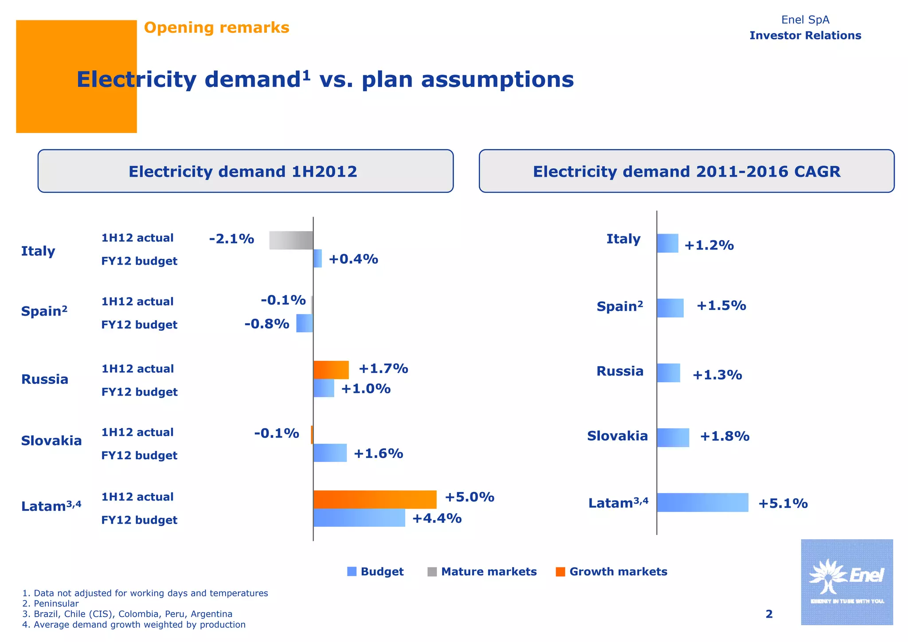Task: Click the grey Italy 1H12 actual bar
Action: [x=291, y=240]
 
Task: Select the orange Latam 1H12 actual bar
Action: [x=375, y=499]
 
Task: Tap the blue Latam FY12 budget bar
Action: [x=359, y=517]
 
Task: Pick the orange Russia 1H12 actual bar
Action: [x=331, y=370]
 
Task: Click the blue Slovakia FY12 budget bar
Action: [x=330, y=453]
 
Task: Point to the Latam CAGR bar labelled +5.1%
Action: [x=702, y=502]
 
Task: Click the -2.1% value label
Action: [x=231, y=239]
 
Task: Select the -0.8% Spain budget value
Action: [x=266, y=324]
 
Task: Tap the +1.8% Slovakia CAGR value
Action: [x=724, y=436]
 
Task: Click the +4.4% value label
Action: [x=437, y=518]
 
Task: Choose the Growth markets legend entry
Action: [x=611, y=572]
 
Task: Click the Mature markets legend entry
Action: [x=482, y=572]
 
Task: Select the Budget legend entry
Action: [x=376, y=572]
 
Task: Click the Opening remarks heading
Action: [x=216, y=27]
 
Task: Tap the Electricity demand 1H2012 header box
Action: [x=245, y=171]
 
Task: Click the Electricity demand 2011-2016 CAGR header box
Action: [x=686, y=171]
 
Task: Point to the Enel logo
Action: [x=846, y=582]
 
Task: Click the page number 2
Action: [x=769, y=614]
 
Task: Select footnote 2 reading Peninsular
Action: [x=51, y=603]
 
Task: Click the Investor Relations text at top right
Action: [x=805, y=35]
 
